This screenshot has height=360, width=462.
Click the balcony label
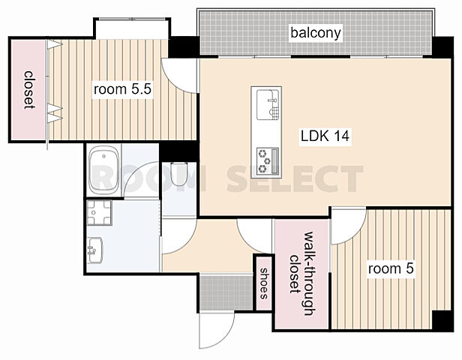pos(316,33)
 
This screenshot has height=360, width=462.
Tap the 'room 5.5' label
pos(122,89)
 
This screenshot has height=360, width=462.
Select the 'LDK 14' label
pos(325,136)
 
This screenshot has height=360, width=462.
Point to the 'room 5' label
pos(391,268)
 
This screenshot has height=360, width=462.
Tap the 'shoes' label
pos(264,283)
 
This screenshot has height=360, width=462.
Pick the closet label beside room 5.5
pos(28,90)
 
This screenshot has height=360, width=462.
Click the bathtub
pos(104,170)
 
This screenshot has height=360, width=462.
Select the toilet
pos(178,174)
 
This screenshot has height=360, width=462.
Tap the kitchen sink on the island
pos(268,105)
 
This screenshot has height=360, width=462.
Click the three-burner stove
pos(267,161)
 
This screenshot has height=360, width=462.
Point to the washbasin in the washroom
pos(94,250)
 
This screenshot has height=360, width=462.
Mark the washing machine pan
pos(99,213)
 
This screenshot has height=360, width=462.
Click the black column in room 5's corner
pos(442,320)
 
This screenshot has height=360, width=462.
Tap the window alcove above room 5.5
pos(132,28)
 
